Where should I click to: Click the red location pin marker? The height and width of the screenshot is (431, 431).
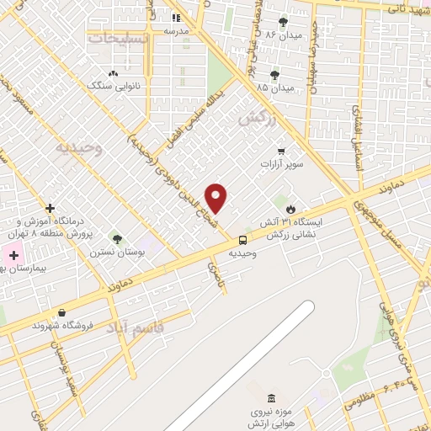click(x=216, y=197)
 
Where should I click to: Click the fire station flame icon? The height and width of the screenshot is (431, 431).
click(x=290, y=208)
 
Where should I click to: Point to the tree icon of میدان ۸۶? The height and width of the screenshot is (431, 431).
click(x=282, y=22)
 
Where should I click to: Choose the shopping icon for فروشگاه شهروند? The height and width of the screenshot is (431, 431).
click(x=61, y=312)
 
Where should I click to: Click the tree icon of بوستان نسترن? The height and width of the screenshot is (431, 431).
click(x=117, y=239)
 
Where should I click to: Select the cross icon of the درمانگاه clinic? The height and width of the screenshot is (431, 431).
click(x=51, y=208)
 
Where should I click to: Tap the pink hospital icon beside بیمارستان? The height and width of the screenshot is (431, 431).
click(x=13, y=254)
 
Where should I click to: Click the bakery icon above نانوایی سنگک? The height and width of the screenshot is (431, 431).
click(x=114, y=73)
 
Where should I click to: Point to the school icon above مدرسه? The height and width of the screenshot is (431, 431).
click(x=176, y=18)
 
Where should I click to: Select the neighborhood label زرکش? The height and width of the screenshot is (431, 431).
click(x=257, y=119)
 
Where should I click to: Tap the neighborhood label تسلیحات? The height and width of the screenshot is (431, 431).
click(x=119, y=39)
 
